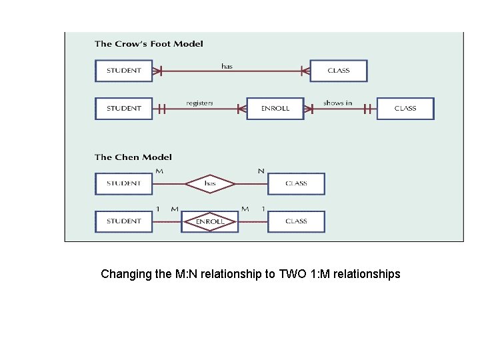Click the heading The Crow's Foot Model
(149, 44)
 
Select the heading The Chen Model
(133, 157)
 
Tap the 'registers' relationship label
(199, 103)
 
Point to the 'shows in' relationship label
(337, 103)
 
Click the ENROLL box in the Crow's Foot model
(275, 109)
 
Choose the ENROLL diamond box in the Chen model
(209, 221)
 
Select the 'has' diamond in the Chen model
(210, 183)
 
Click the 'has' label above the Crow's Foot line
(227, 66)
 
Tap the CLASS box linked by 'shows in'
(405, 109)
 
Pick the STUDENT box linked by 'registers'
(124, 109)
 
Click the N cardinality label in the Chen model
(261, 171)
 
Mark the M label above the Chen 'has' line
(159, 171)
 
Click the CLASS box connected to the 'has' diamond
(296, 183)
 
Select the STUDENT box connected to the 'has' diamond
(124, 183)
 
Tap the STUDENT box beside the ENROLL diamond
(124, 221)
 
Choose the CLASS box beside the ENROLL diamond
(296, 221)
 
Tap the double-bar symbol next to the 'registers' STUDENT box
(161, 109)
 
